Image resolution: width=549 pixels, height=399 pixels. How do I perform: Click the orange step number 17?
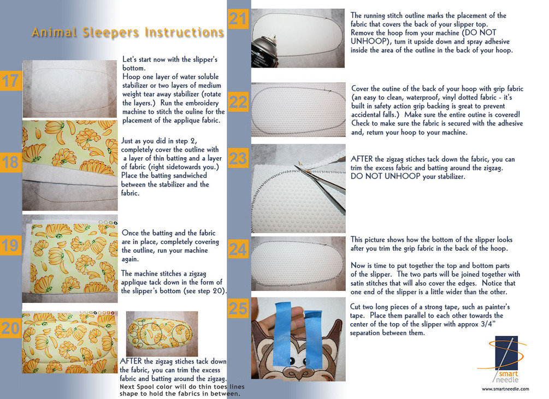tap(10, 81)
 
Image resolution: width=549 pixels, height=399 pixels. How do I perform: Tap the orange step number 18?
tap(10, 163)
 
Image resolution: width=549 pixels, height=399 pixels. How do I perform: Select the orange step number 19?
tap(10, 245)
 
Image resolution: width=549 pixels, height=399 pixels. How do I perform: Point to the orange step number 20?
tap(10, 328)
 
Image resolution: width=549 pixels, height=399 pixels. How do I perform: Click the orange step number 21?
tap(238, 19)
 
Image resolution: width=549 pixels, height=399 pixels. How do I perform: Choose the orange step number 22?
tap(238, 102)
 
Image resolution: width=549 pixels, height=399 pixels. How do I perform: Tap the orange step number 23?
tap(238, 158)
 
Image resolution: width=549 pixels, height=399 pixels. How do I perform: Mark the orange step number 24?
tap(238, 249)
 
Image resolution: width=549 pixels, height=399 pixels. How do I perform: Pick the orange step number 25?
tap(238, 308)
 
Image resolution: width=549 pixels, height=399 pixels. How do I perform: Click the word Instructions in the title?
tap(185, 32)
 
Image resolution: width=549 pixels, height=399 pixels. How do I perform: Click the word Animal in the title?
tap(54, 32)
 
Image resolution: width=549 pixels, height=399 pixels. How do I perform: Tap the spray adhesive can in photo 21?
tap(265, 51)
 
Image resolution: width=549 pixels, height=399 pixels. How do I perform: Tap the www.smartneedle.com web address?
tap(505, 389)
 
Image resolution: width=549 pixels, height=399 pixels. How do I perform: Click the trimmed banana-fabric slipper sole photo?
tap(162, 334)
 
